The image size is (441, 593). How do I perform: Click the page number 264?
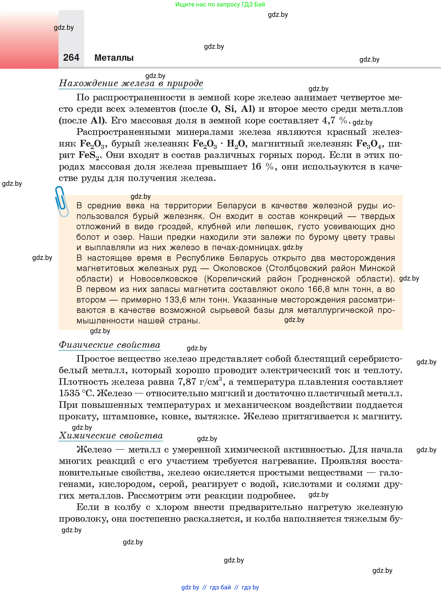pos(71,58)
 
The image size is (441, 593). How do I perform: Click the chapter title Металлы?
pos(114,58)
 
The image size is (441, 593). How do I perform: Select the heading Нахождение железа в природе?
pos(131,83)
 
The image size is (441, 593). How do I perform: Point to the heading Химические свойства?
pos(111,435)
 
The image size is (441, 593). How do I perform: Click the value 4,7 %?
pos(335,121)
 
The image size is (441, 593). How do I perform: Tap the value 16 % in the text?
pos(263,167)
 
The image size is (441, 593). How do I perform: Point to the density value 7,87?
pos(187,382)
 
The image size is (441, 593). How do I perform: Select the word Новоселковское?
pos(164,279)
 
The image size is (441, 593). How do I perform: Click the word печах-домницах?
pos(246,248)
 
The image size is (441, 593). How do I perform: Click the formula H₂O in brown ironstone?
pos(236,144)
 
